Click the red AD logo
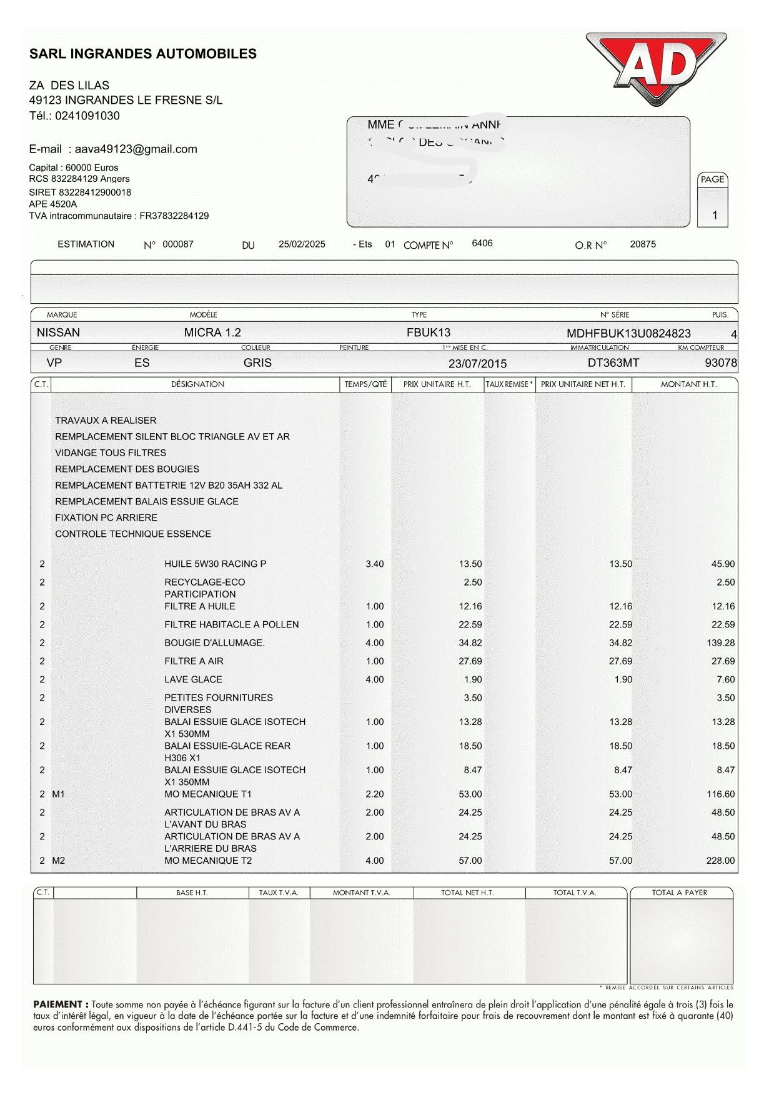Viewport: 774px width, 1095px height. (656, 67)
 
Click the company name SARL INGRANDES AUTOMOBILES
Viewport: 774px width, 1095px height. (143, 54)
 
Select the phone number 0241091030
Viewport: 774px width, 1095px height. (87, 116)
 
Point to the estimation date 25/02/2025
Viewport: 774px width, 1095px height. (302, 244)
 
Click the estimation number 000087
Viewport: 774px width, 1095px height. (178, 244)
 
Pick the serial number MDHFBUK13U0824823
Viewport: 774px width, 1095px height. (628, 333)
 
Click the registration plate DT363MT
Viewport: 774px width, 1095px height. (613, 362)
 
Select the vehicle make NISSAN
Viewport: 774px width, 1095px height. (58, 332)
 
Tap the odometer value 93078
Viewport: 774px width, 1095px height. (721, 362)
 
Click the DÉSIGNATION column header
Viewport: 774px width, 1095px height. (197, 384)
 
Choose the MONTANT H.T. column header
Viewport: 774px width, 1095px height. (688, 384)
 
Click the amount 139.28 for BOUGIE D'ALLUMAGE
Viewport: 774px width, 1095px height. (721, 642)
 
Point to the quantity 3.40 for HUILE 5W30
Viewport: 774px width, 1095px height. (374, 564)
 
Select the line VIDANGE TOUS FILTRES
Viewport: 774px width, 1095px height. (111, 452)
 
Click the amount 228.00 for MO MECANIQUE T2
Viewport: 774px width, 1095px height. (720, 861)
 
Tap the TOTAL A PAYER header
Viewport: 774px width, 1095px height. (679, 892)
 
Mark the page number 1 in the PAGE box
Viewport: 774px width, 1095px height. (715, 216)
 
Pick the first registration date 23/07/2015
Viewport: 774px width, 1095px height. (477, 364)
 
